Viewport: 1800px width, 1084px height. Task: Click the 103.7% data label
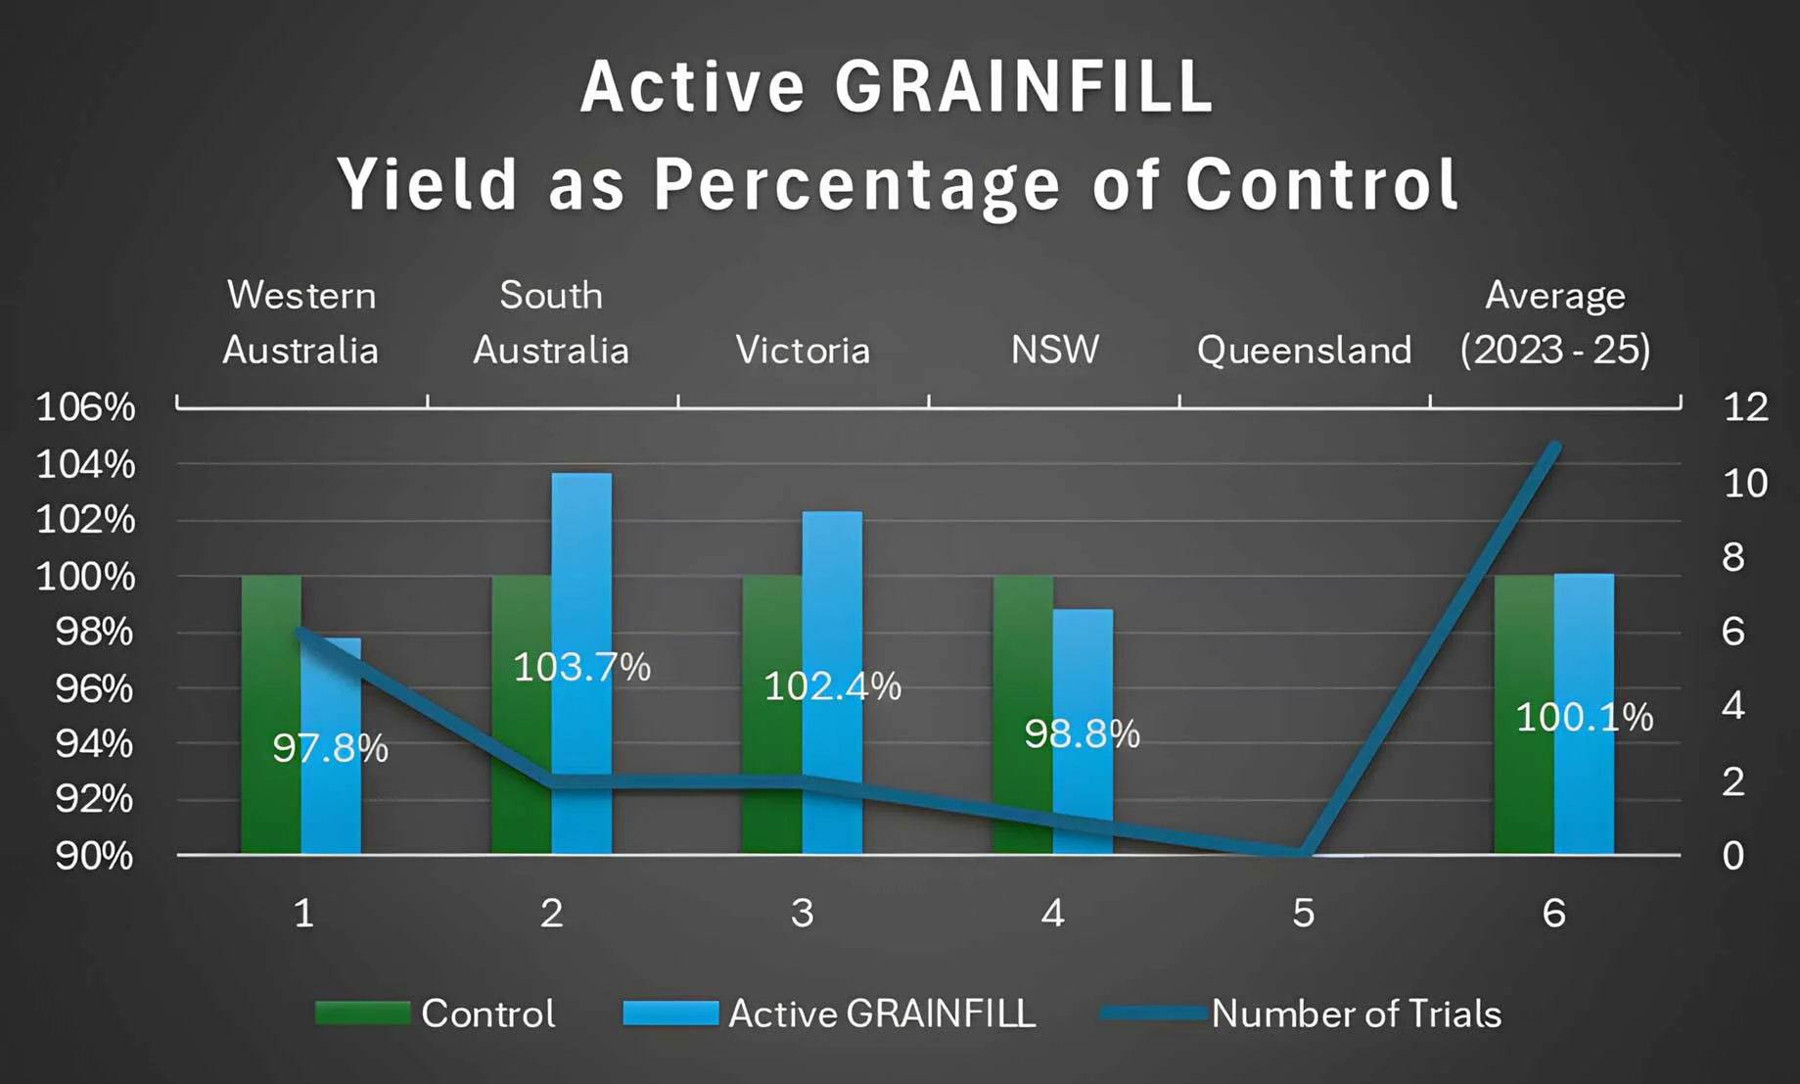[x=581, y=668]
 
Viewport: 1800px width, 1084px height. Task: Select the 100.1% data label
[x=1584, y=718]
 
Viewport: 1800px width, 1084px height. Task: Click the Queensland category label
[x=1304, y=351]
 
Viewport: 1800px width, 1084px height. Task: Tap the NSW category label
[x=1054, y=351]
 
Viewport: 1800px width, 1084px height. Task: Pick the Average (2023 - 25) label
[x=1554, y=323]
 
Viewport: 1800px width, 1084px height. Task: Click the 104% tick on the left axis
[x=85, y=464]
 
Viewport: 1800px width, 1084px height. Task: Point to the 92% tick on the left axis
[x=93, y=799]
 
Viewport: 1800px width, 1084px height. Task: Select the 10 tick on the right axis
[x=1744, y=483]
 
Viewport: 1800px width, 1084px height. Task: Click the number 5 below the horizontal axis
[x=1303, y=914]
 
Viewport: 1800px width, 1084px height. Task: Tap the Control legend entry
[x=436, y=1013]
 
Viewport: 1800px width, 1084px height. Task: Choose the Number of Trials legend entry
[x=1302, y=1013]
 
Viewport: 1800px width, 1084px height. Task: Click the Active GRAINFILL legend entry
[x=830, y=1013]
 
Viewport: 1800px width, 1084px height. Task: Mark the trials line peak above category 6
[x=1554, y=448]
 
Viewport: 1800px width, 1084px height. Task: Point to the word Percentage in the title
[x=857, y=184]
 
